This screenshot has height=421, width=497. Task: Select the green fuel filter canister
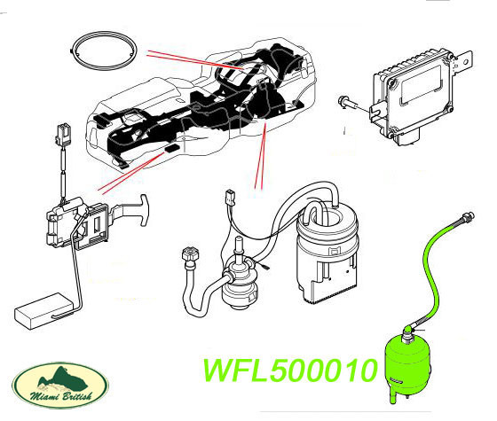coord(408,364)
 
